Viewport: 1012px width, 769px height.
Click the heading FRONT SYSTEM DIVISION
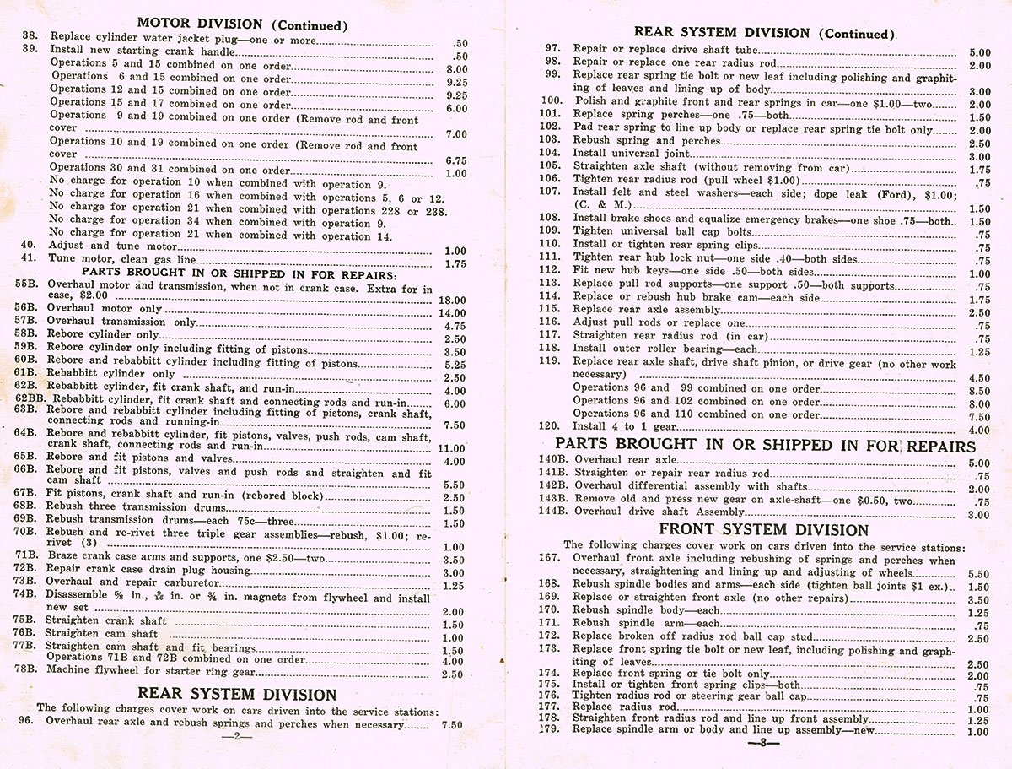[x=764, y=530]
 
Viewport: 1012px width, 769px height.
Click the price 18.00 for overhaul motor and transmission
[x=453, y=300]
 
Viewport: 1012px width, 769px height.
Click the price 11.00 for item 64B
[x=453, y=449]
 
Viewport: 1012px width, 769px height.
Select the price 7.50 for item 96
[x=452, y=724]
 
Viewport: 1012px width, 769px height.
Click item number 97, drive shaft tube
[x=553, y=50]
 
